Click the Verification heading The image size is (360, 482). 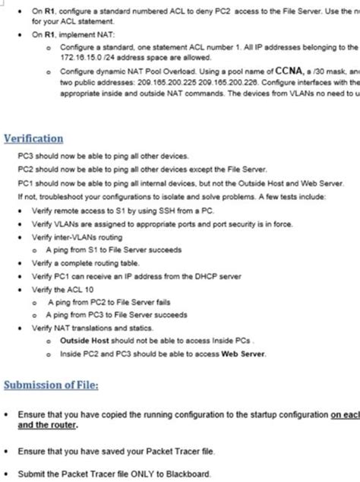coord(33,139)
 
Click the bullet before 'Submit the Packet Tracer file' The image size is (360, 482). coord(7,473)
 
